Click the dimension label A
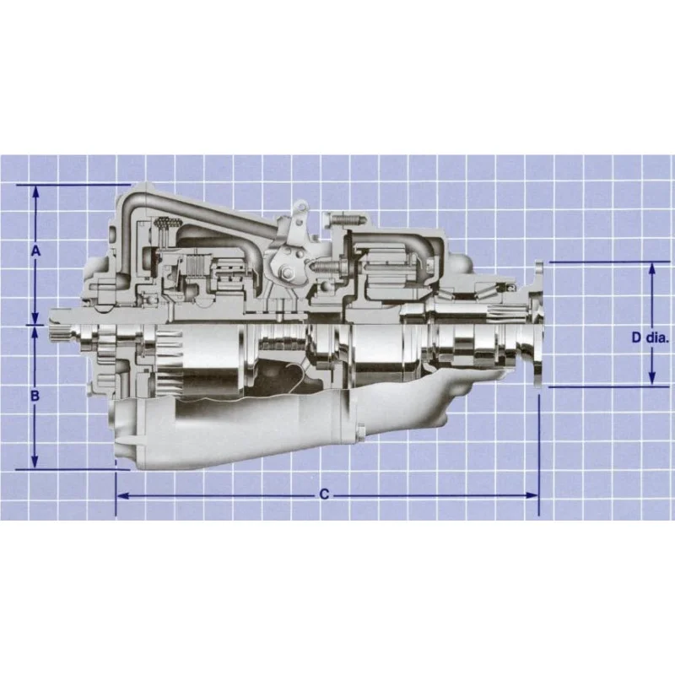(x=35, y=251)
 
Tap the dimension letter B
(x=35, y=395)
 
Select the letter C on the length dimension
(x=324, y=494)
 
